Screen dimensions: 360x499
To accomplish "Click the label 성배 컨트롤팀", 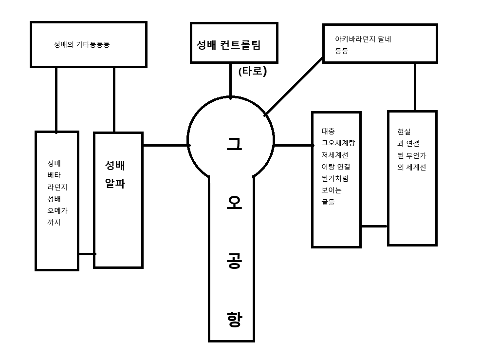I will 228,45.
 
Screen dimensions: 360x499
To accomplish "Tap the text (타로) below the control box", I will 253,71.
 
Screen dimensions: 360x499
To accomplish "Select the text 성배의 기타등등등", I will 81,44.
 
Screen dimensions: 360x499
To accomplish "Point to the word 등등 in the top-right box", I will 341,51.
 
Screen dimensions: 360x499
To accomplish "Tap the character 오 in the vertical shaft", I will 234,205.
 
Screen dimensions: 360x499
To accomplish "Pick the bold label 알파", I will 115,185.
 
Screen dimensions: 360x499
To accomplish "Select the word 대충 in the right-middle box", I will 328,131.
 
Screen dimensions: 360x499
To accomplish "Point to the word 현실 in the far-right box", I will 404,132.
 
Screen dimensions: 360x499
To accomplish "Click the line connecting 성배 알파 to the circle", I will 166,145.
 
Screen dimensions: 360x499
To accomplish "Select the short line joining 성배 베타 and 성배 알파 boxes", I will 86,254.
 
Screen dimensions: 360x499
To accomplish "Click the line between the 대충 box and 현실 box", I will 374,226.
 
